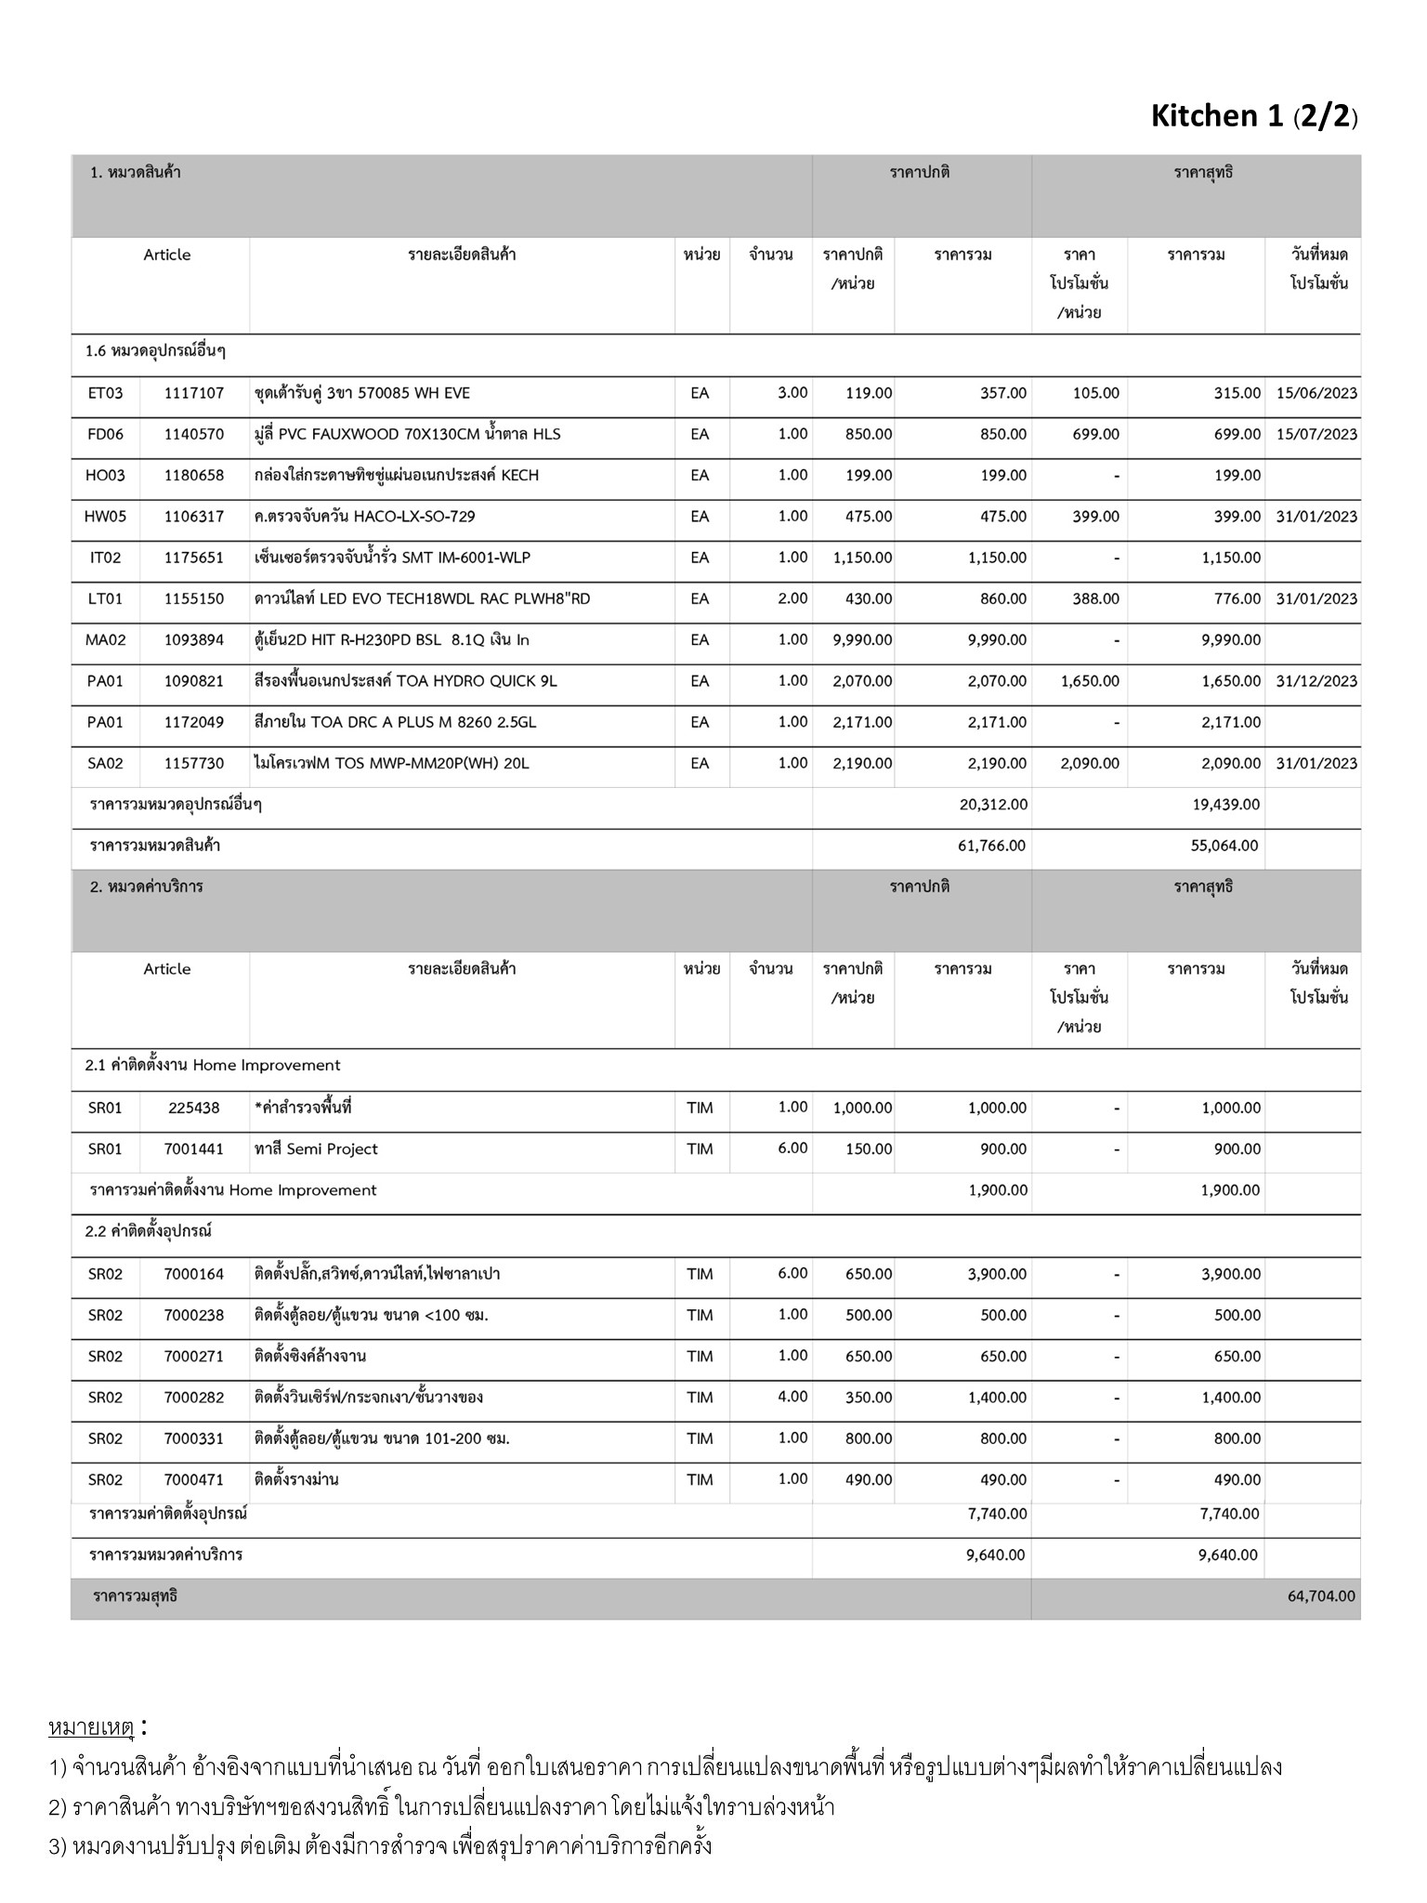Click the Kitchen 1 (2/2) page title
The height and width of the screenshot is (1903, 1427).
click(x=1254, y=116)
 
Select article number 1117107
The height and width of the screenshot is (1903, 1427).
click(x=194, y=393)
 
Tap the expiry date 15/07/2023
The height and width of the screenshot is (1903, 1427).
click(x=1316, y=434)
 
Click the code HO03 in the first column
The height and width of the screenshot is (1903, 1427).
click(x=105, y=476)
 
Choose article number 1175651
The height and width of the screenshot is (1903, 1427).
click(x=194, y=558)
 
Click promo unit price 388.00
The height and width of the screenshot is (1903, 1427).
click(x=1095, y=599)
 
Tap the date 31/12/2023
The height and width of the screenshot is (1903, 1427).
click(x=1316, y=681)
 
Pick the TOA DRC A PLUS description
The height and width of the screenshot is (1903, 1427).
click(x=395, y=722)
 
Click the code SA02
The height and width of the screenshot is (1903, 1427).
click(x=105, y=764)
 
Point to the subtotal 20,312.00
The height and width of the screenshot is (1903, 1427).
click(x=993, y=805)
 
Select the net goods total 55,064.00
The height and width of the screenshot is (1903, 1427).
click(x=1226, y=846)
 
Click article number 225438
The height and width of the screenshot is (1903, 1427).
click(x=194, y=1108)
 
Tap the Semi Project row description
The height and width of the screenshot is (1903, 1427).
click(x=316, y=1149)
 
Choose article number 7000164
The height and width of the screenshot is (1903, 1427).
click(x=194, y=1274)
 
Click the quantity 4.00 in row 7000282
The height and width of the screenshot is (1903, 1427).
click(x=792, y=1397)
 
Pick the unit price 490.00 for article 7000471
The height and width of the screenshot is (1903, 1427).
click(x=869, y=1480)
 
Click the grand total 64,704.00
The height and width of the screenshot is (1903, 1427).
click(x=1321, y=1596)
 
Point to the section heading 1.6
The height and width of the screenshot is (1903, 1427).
click(x=156, y=351)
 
